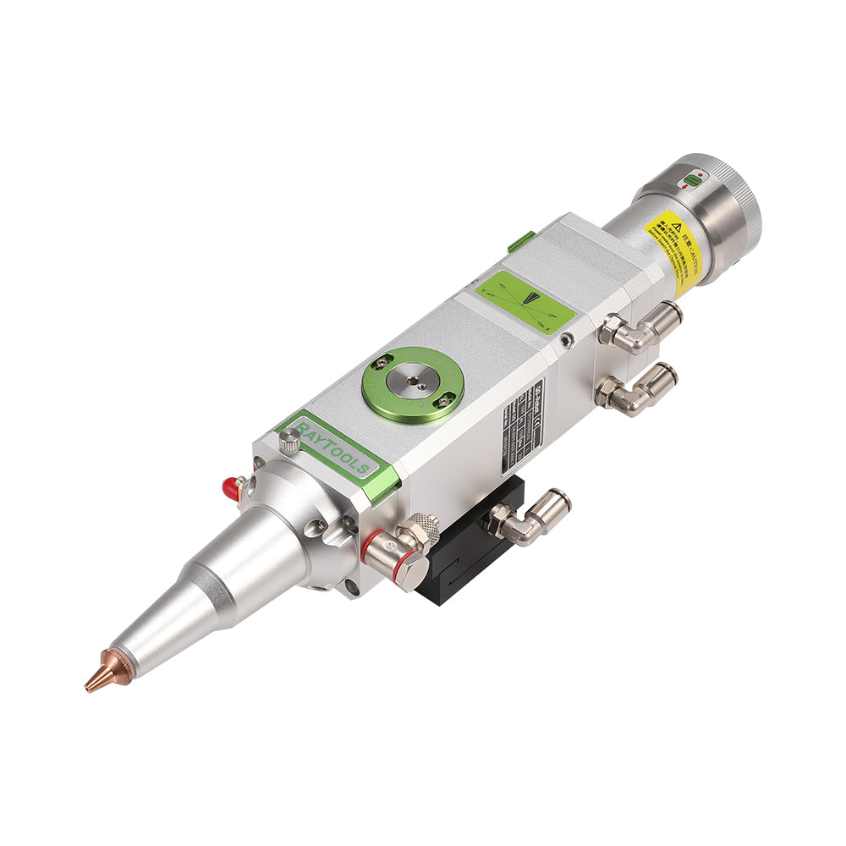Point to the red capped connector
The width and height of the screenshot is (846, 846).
tap(228, 487)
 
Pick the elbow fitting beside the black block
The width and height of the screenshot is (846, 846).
tap(528, 517)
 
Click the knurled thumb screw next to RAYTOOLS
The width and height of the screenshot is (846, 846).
tap(290, 437)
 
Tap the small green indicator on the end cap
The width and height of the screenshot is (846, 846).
tap(694, 179)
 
